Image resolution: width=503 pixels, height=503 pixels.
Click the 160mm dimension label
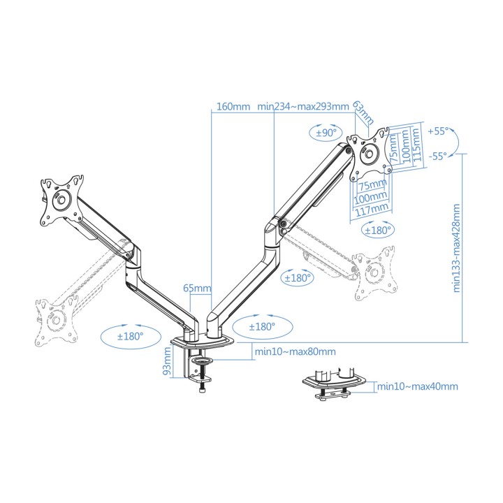(233, 106)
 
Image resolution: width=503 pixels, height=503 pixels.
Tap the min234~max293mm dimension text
(302, 106)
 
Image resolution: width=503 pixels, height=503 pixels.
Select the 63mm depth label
(363, 113)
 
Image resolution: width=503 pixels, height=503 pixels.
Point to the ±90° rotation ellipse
(326, 132)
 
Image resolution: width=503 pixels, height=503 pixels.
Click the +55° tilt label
(438, 131)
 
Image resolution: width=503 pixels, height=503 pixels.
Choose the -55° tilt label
(438, 156)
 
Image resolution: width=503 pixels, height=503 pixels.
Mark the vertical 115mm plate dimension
(416, 146)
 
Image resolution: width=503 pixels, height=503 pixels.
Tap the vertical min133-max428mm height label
(456, 248)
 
